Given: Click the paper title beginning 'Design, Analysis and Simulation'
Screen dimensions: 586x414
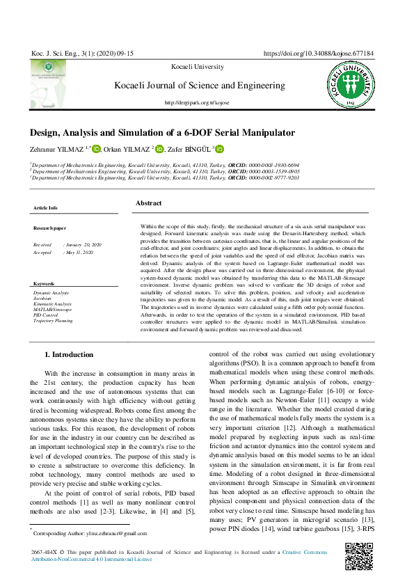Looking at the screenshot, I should [152, 132].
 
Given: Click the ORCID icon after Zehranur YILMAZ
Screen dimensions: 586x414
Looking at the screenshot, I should [97, 149].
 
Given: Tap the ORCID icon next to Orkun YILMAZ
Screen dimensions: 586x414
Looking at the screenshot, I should [159, 149].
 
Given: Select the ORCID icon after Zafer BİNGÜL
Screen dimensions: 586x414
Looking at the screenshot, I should [220, 149].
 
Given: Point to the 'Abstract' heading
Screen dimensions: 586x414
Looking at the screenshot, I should [148, 203].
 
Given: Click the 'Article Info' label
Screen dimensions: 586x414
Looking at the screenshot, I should [45, 208].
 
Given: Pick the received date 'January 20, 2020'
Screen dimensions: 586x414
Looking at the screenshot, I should [83, 245].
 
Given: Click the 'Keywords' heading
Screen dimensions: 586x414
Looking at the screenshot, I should [44, 284].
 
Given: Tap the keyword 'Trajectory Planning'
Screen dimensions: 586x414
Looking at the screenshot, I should [53, 322].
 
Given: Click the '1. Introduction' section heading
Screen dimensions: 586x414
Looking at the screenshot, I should [68, 355].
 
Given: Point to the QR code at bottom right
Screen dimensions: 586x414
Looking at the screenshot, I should [359, 556].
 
